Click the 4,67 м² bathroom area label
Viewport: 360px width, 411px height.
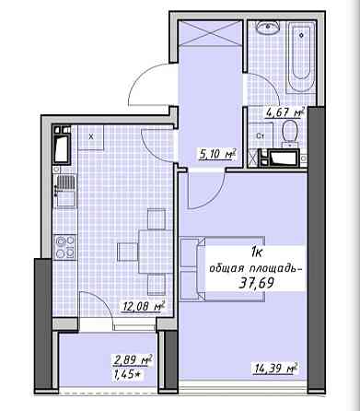pyautogui.click(x=285, y=112)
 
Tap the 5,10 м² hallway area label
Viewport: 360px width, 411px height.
pyautogui.click(x=217, y=154)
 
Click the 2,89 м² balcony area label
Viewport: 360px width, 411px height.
pyautogui.click(x=133, y=360)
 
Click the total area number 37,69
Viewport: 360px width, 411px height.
pyautogui.click(x=256, y=283)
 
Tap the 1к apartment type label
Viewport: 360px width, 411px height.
pyautogui.click(x=256, y=253)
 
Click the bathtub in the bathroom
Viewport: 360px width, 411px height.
pyautogui.click(x=301, y=57)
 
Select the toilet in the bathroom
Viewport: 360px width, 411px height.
pyautogui.click(x=289, y=134)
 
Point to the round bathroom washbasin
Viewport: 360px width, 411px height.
pyautogui.click(x=268, y=27)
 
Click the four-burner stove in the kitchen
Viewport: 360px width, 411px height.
pyautogui.click(x=64, y=246)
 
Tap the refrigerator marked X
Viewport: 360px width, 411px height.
pyautogui.click(x=91, y=137)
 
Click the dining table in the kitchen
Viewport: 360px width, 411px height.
pyautogui.click(x=156, y=252)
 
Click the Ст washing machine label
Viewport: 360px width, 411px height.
pyautogui.click(x=261, y=135)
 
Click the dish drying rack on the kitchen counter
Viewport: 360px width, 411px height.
pyautogui.click(x=64, y=182)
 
